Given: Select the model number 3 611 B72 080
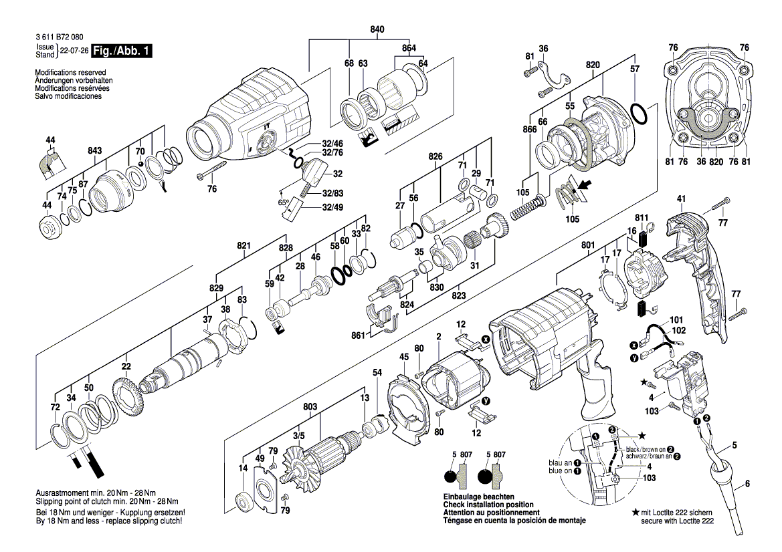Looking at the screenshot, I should click(60, 39).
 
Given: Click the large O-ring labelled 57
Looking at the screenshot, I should click(639, 114).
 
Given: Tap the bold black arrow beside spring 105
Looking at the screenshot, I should click(583, 188).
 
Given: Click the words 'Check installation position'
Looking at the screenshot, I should click(488, 505).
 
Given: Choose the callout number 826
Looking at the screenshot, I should click(436, 156).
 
